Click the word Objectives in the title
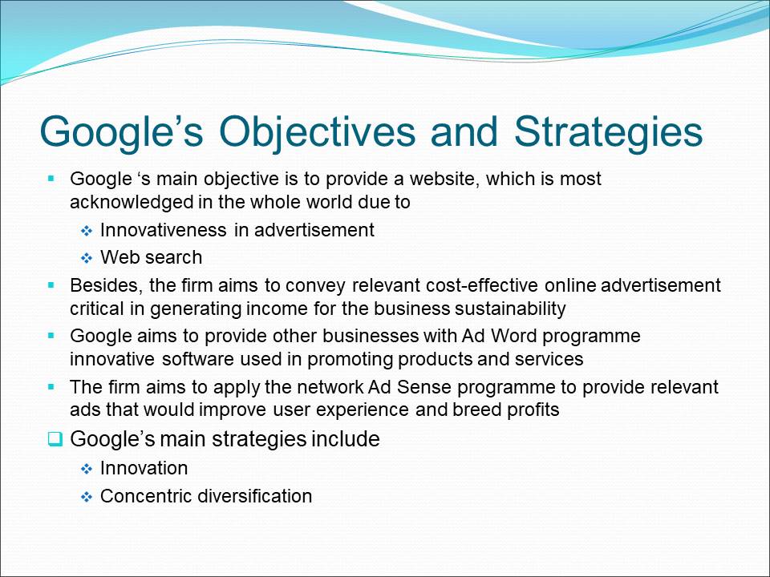(318, 132)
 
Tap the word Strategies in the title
(609, 132)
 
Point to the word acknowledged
(132, 202)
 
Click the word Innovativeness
(164, 230)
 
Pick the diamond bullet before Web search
(87, 258)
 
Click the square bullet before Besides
(51, 284)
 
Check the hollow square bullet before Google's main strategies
(55, 439)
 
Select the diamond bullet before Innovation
(87, 470)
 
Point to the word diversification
(255, 496)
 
